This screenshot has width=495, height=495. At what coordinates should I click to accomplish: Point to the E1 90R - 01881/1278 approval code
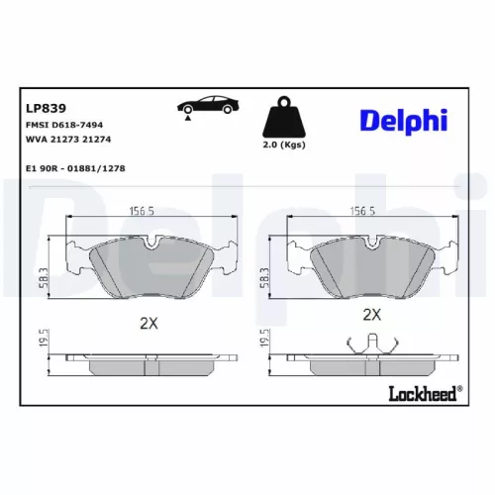(75, 168)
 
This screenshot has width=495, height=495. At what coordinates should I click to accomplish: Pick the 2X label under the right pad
(371, 315)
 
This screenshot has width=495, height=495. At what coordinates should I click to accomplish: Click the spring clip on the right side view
(372, 344)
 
